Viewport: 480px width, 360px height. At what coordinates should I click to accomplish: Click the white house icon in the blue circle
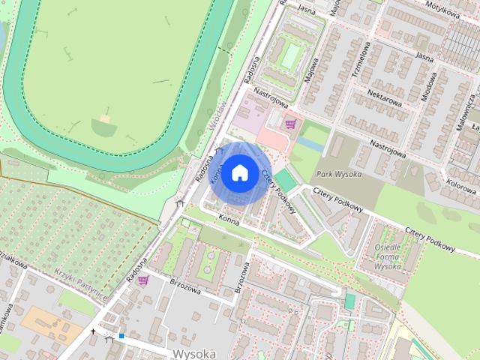click(239, 172)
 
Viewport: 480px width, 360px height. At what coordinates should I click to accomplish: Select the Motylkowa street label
click(442, 12)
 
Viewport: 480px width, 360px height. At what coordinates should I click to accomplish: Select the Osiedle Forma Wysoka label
click(388, 256)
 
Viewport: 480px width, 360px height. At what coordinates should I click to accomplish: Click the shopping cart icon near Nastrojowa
click(290, 124)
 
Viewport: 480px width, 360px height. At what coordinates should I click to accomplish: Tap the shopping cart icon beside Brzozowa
click(142, 280)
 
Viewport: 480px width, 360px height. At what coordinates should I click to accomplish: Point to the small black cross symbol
click(94, 331)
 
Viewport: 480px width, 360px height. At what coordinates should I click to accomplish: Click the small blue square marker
click(121, 336)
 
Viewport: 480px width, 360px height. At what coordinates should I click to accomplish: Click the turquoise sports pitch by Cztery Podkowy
click(285, 180)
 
